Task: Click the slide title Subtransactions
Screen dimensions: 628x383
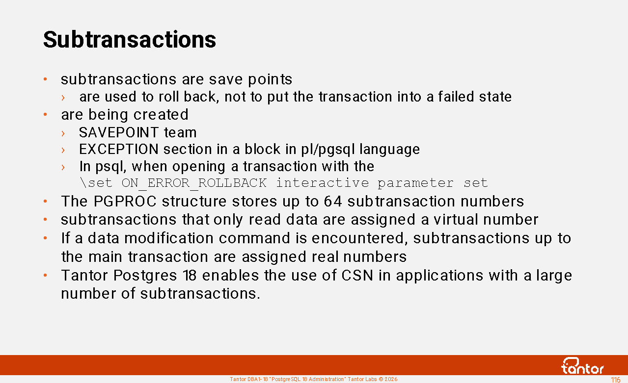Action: point(130,39)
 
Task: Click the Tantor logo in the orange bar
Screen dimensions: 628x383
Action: point(582,366)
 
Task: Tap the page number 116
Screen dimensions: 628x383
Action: point(615,380)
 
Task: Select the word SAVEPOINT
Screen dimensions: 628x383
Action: point(119,132)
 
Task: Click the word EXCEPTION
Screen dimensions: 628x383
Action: point(119,149)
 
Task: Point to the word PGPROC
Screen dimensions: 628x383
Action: point(125,201)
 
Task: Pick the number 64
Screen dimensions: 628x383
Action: point(333,201)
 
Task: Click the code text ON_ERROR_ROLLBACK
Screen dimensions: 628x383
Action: point(194,183)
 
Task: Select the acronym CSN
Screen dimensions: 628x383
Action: point(357,275)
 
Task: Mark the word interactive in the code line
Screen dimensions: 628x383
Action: point(323,183)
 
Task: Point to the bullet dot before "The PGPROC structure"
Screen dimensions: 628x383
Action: point(45,201)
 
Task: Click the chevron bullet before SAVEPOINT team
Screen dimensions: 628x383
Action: point(63,133)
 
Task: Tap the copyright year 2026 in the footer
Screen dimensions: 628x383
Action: point(391,380)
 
